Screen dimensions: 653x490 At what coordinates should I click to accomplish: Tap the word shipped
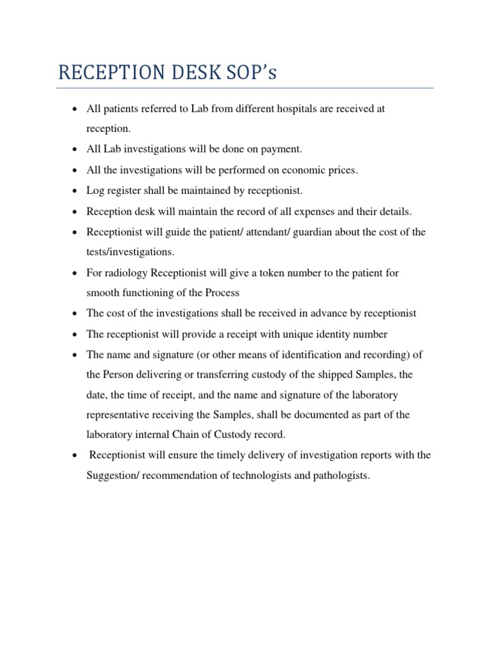tap(334, 374)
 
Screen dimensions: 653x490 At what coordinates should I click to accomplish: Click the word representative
tap(119, 415)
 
